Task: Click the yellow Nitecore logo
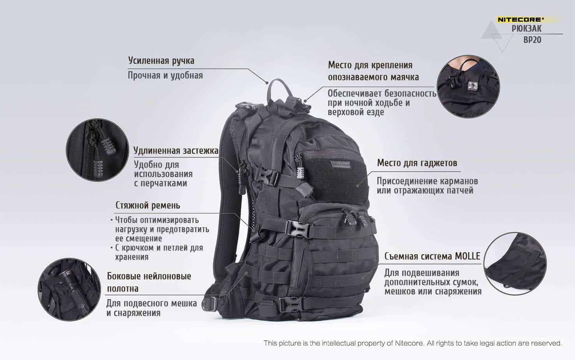(520, 19)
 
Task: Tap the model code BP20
(533, 40)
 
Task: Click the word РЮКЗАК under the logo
(527, 28)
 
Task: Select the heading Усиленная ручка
(161, 61)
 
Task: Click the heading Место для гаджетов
(417, 163)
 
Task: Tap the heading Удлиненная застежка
(176, 150)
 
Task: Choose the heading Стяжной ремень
(148, 206)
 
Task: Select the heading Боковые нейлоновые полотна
(149, 282)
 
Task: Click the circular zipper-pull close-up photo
(97, 150)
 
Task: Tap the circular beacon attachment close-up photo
(468, 86)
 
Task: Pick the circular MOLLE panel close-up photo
(515, 264)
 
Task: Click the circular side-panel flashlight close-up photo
(69, 289)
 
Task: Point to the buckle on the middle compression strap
(299, 229)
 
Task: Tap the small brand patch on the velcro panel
(341, 164)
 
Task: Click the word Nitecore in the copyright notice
(410, 343)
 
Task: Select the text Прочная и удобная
(165, 76)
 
